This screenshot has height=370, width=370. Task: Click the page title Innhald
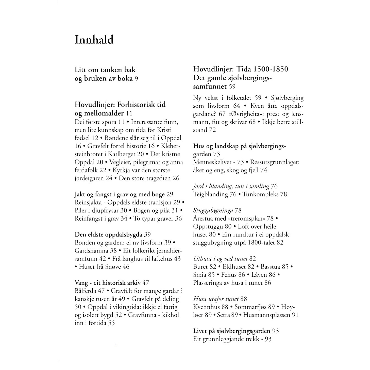[x=94, y=40]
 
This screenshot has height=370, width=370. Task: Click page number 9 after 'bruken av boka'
[x=136, y=79]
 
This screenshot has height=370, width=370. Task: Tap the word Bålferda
[x=85, y=291]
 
